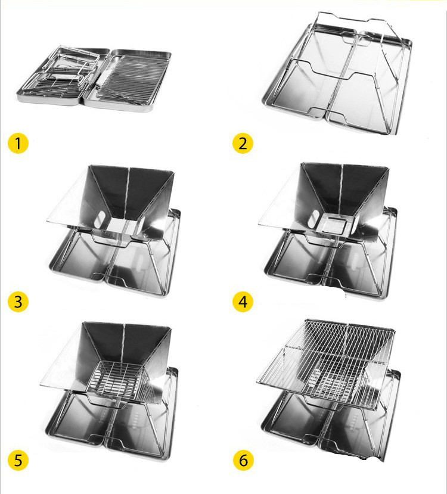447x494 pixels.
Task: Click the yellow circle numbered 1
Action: coord(18,144)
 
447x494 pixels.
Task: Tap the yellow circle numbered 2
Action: coord(243,144)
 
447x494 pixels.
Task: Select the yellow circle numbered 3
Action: coord(18,302)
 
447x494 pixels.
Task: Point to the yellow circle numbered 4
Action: coord(243,302)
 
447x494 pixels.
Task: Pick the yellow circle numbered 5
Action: coord(18,460)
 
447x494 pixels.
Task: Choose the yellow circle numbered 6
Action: coord(243,460)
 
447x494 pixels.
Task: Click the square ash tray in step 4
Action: coord(334,223)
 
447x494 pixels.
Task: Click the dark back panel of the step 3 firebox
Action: coord(129,189)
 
